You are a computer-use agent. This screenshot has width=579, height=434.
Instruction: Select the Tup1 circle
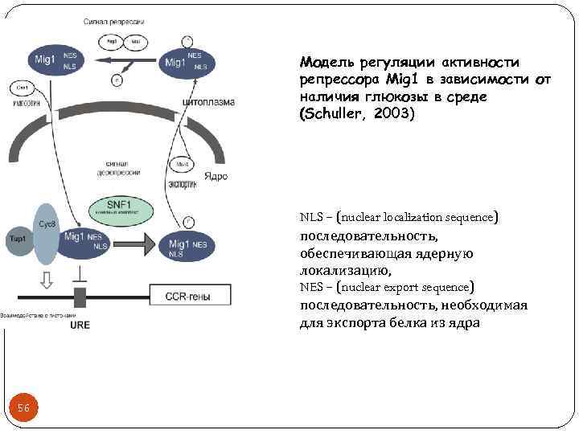17,239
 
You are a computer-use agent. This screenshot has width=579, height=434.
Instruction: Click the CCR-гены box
187,297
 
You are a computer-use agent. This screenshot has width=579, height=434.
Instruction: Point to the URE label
80,325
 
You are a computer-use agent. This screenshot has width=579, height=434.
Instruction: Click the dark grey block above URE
80,297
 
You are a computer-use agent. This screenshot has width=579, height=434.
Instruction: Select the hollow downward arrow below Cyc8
47,278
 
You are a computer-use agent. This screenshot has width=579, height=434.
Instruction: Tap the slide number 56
23,408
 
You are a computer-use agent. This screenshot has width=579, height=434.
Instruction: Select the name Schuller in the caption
336,113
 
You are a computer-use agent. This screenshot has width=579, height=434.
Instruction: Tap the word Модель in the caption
326,62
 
